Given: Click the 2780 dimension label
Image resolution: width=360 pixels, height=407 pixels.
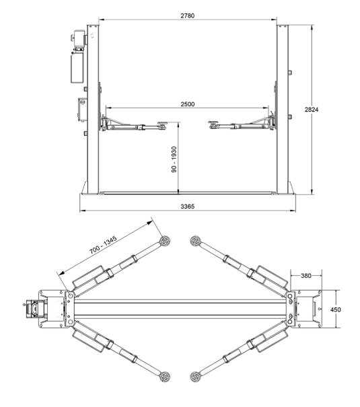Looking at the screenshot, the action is click(x=187, y=15).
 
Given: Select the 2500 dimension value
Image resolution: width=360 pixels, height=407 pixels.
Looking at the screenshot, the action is click(x=187, y=104).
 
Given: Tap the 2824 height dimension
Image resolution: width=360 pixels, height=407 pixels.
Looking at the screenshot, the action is click(x=312, y=110).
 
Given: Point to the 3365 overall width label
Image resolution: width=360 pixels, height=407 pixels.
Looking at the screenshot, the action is click(x=187, y=207).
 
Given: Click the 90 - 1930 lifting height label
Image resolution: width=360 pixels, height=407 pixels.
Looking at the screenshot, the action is click(x=174, y=159).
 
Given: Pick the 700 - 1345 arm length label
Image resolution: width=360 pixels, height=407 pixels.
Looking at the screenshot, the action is click(x=103, y=245).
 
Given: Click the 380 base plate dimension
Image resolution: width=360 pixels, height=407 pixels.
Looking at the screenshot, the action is click(x=306, y=276).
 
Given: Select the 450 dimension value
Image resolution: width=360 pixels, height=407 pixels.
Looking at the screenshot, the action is click(x=336, y=309).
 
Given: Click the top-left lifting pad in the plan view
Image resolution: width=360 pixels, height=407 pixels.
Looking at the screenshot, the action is click(x=165, y=241).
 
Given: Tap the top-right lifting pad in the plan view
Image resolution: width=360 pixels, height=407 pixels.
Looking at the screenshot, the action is click(x=195, y=241).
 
